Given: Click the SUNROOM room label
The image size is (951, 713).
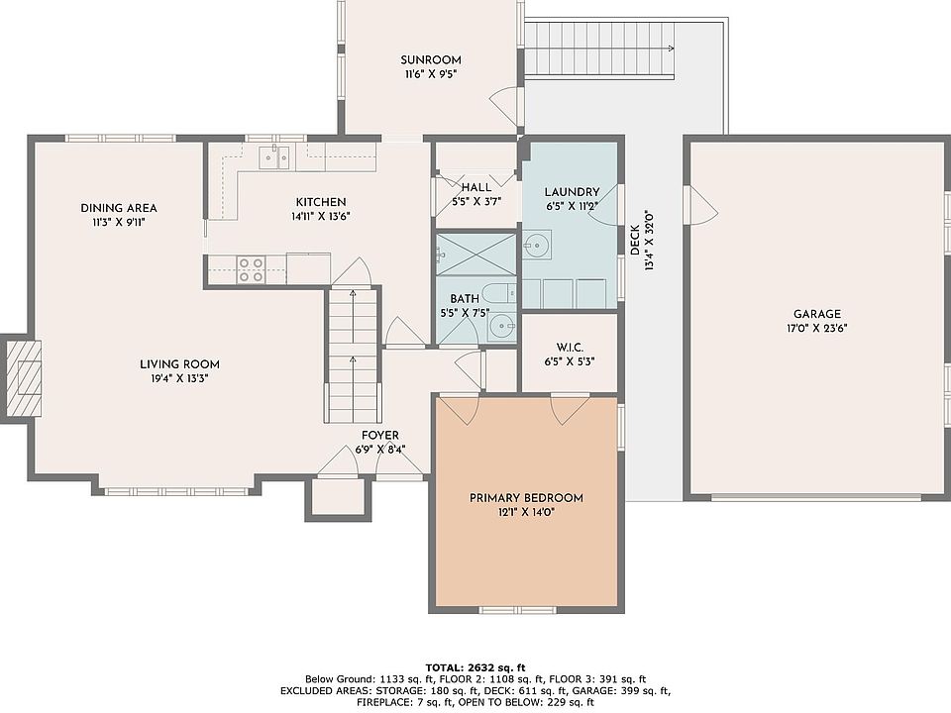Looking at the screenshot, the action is click(x=431, y=60).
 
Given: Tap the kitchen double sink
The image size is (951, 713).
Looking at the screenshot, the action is click(x=274, y=157).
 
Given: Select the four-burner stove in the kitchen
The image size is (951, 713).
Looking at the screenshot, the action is click(x=251, y=269).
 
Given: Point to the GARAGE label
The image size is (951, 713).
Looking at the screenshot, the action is click(x=817, y=314).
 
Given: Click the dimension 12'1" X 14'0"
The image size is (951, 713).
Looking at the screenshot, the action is click(x=526, y=512).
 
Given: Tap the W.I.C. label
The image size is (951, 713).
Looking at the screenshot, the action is click(x=570, y=348).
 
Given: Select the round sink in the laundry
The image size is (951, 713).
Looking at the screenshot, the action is click(x=536, y=245).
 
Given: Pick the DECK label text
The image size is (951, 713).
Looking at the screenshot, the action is click(x=635, y=240).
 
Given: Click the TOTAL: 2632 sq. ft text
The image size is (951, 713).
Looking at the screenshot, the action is click(x=475, y=668).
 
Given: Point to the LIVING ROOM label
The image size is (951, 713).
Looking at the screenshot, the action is click(x=179, y=364).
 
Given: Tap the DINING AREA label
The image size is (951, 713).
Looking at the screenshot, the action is click(x=119, y=208).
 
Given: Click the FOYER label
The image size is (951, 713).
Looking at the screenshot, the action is click(x=380, y=436).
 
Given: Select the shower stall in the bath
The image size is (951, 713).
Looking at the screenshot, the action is click(x=475, y=254).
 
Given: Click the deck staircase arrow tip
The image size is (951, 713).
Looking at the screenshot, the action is click(x=674, y=48).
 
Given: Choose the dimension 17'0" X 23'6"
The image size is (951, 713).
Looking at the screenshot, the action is click(x=817, y=329).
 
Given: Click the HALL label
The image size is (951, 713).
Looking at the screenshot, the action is click(x=476, y=187).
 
